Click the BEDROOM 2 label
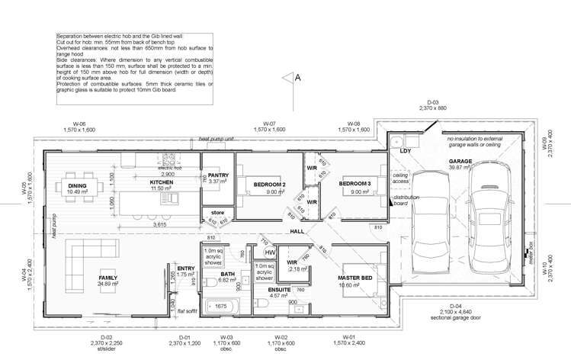coord(269,184)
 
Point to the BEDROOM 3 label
coord(354,184)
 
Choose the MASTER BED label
coord(354,278)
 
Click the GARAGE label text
coord(460,162)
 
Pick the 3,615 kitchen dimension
coord(159,225)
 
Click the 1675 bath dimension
coord(220,307)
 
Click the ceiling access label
coord(402,178)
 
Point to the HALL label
coord(297,231)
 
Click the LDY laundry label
coord(405,151)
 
